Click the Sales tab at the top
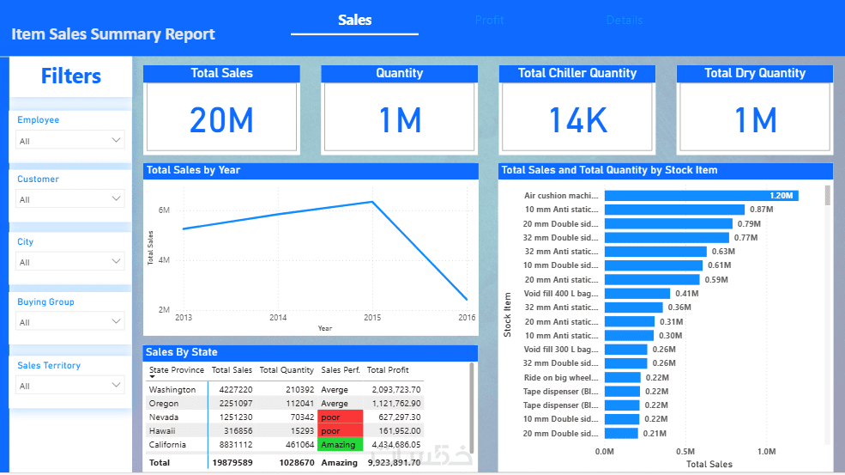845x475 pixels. click(354, 20)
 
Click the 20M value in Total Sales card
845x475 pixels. click(221, 120)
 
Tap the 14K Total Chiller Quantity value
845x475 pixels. click(577, 120)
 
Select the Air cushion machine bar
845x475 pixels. click(701, 196)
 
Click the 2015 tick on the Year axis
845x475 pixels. click(372, 318)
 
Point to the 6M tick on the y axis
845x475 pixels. click(164, 210)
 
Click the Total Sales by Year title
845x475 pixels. click(194, 170)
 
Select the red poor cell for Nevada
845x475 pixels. click(340, 417)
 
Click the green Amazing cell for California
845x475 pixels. click(340, 444)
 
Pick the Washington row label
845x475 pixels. click(172, 389)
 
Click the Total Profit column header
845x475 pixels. click(388, 370)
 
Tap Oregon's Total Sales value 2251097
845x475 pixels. click(232, 403)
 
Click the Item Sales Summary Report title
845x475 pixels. click(113, 34)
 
